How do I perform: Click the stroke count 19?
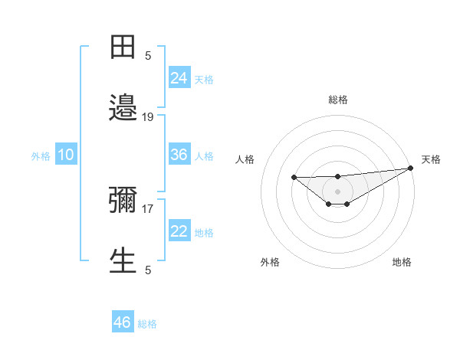click(148, 117)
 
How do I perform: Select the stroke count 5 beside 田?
click(148, 55)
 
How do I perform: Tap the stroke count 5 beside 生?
click(148, 270)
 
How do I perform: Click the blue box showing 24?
click(179, 78)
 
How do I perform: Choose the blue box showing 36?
click(179, 155)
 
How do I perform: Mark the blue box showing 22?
click(179, 231)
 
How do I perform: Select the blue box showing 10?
click(65, 155)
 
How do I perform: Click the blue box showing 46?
click(123, 322)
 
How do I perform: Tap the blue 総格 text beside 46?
click(147, 324)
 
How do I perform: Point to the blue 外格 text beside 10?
click(41, 156)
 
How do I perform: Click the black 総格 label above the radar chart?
click(338, 100)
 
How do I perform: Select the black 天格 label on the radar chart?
click(432, 159)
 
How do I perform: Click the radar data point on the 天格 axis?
click(412, 169)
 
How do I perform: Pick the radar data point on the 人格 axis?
click(294, 177)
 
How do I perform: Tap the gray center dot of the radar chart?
click(338, 191)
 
